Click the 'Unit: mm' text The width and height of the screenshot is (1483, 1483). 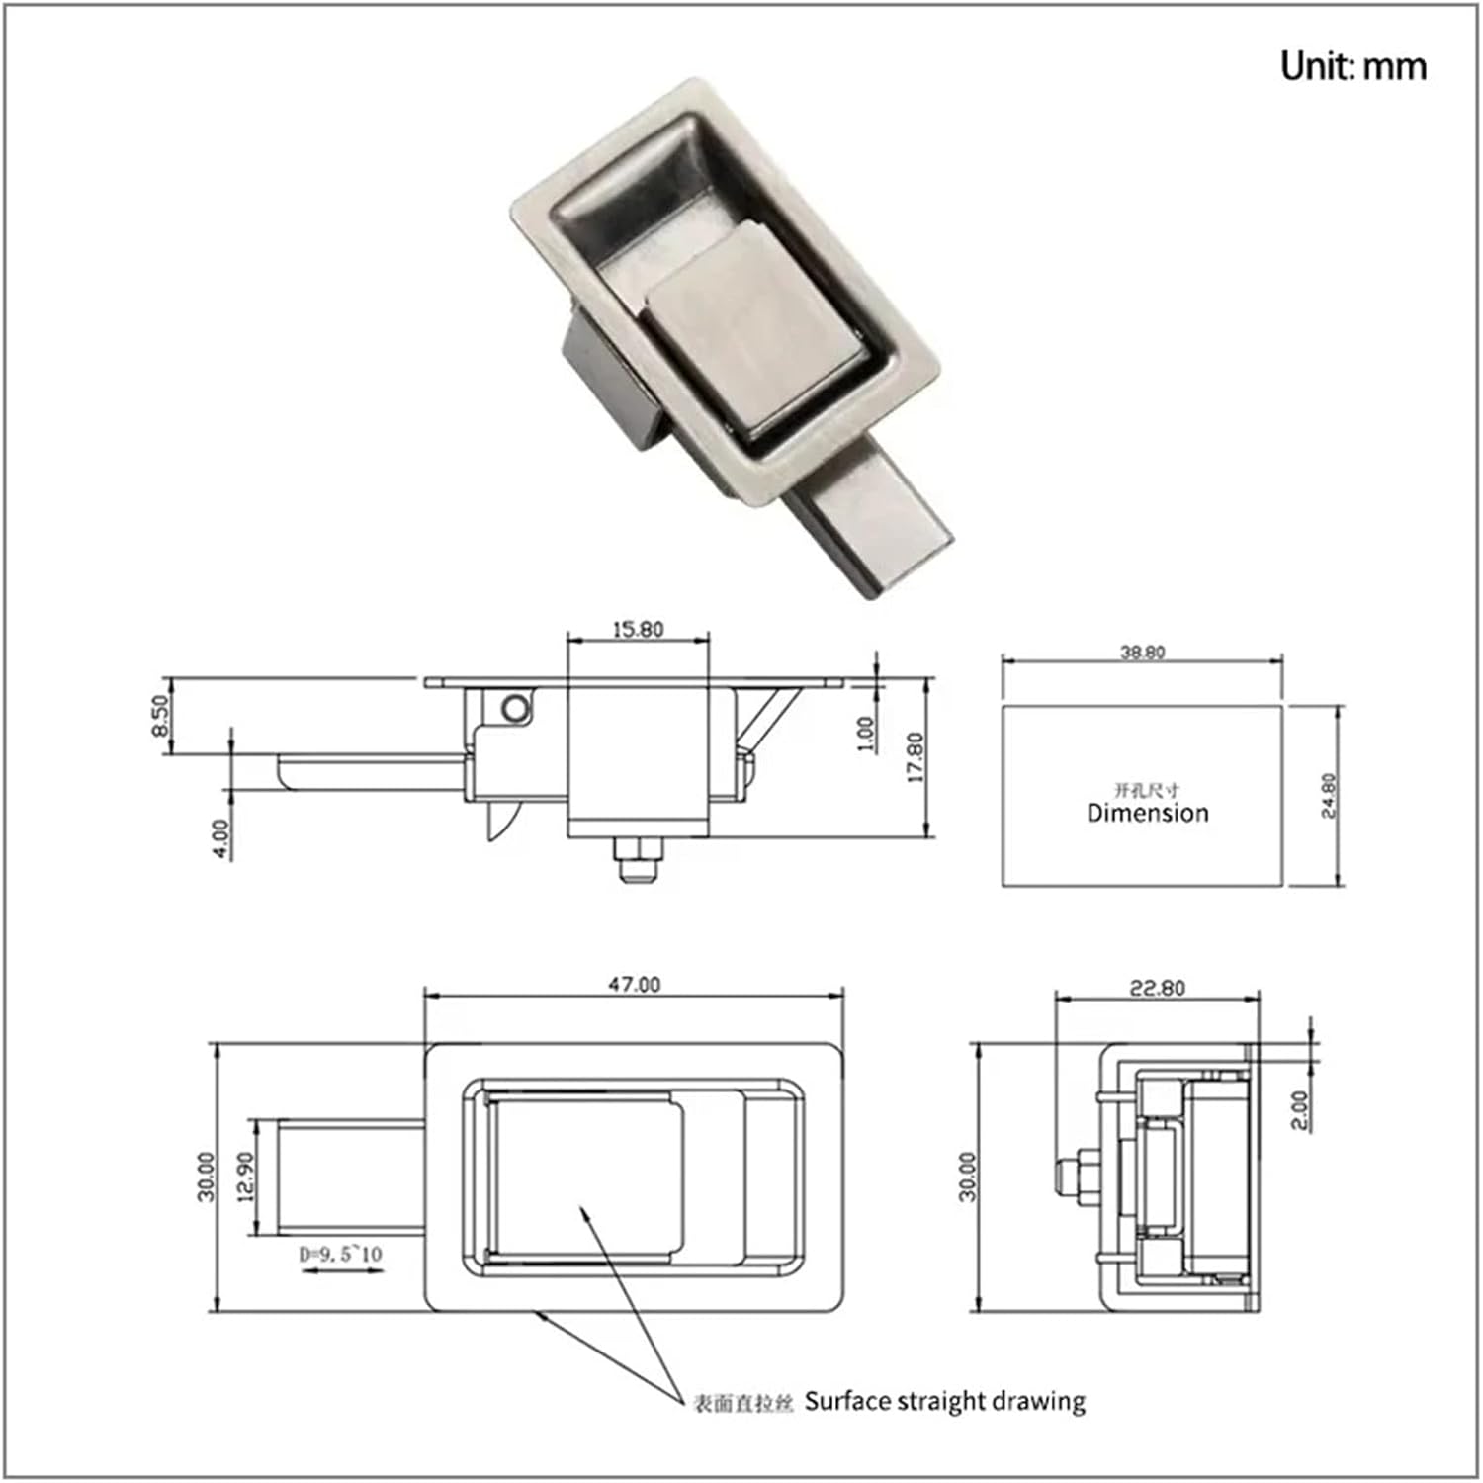1352,66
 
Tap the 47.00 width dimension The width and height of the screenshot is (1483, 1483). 634,985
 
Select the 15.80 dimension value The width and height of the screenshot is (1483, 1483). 638,629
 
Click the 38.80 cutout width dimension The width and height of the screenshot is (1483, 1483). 1142,653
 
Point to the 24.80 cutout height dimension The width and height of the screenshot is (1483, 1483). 1329,795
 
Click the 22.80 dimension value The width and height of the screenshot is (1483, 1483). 1157,988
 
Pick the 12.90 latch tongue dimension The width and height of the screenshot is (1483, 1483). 246,1177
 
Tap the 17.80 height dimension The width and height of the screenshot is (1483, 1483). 915,757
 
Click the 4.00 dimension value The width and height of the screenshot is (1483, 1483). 221,838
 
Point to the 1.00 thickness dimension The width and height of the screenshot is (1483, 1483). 865,734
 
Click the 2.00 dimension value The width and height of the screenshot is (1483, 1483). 1300,1110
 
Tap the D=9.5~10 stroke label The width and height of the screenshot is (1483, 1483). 340,1255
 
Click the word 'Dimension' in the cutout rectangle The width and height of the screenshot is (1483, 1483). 1147,813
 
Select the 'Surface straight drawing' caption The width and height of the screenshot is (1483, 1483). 944,1401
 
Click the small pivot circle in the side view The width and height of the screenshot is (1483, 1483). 514,707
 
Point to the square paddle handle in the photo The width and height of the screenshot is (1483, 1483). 751,326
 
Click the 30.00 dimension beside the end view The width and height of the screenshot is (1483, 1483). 968,1176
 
